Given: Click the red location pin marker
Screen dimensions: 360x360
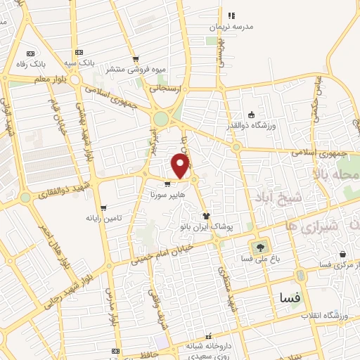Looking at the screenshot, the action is pos(181,165).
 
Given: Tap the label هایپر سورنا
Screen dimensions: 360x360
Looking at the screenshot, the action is pos(167,192).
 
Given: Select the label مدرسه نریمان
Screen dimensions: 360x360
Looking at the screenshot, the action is pos(229,27).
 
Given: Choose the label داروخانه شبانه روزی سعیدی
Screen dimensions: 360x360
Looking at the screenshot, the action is pos(207,350).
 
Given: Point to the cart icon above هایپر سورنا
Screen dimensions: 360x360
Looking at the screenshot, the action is pos(167,184).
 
